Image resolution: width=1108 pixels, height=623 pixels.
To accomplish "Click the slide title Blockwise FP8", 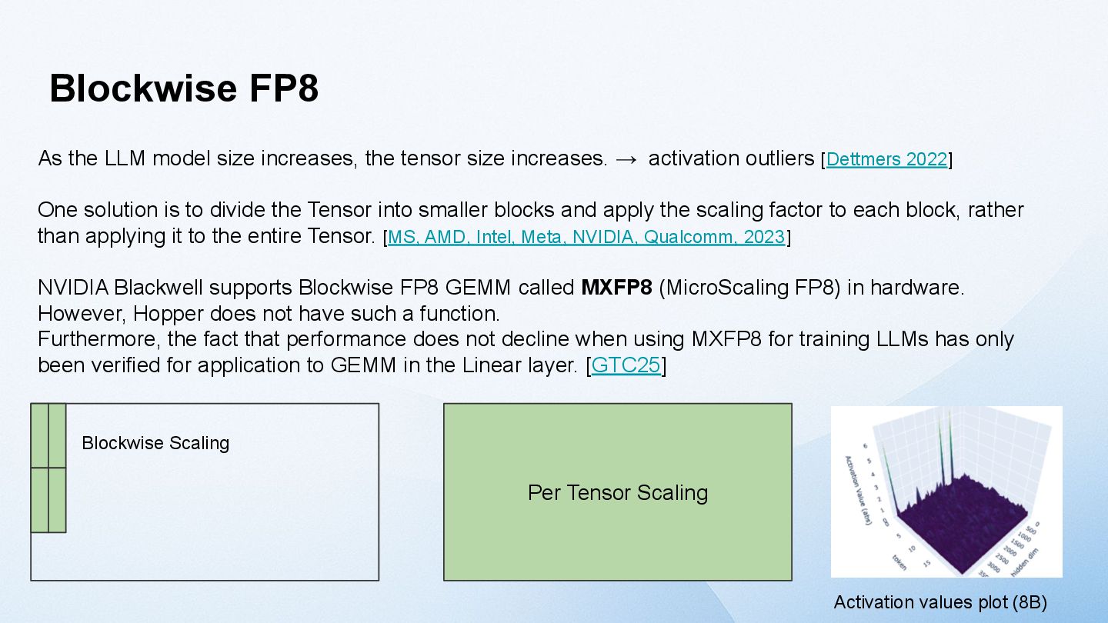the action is [184, 88].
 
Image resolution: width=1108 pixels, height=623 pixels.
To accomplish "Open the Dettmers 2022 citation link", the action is [886, 160].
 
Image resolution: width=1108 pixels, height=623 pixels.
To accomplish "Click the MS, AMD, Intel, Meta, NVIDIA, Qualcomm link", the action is [586, 237].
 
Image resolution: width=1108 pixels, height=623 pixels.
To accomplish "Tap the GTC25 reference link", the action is [626, 365].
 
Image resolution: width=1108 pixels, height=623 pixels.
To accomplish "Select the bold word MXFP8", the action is [616, 288].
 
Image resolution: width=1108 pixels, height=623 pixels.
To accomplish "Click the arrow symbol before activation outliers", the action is [626, 159].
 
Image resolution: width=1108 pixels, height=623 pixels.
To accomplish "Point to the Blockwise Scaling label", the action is [155, 443].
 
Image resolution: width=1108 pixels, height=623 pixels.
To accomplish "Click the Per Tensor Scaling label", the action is [617, 492].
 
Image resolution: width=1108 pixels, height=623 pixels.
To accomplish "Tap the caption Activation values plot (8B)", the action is [940, 602].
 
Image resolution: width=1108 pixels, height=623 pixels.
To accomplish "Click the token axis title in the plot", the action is [899, 561].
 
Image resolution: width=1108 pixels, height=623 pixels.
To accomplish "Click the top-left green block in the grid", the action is [39, 435].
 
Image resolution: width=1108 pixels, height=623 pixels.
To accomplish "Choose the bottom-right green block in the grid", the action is [57, 500].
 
